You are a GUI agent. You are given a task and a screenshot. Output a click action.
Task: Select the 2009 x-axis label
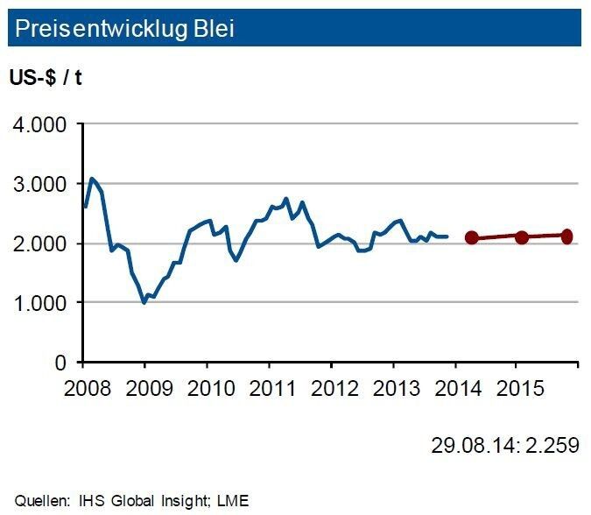144,387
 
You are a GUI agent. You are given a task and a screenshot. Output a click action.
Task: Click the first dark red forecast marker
472,237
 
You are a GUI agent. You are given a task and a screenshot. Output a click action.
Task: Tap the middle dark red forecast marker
522,236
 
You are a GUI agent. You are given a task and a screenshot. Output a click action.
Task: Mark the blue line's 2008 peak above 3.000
92,179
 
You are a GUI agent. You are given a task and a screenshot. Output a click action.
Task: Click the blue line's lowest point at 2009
144,302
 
